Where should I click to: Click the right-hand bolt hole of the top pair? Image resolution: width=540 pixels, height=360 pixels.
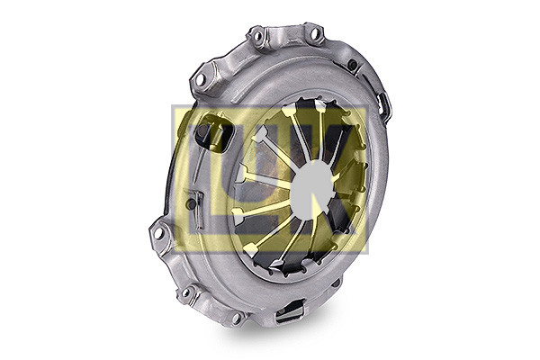click(x=314, y=34)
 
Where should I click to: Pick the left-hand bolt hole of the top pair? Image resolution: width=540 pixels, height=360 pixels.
click(x=256, y=35)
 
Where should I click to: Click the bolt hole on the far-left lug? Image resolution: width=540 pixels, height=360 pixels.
click(x=157, y=234)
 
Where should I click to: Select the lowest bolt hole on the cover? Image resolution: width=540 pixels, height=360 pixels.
click(x=236, y=317)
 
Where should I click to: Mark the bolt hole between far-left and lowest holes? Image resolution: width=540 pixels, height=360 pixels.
click(x=186, y=292)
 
